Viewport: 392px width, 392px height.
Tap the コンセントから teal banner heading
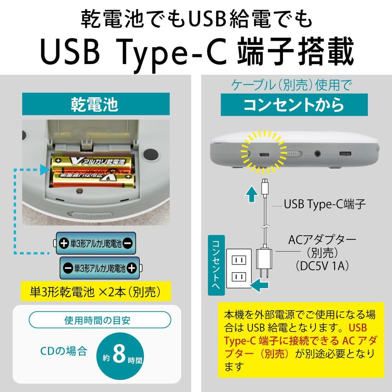click(294, 104)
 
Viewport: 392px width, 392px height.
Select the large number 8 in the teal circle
click(119, 355)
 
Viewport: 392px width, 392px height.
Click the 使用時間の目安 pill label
click(100, 320)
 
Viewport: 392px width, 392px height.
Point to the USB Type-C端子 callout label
click(325, 204)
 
